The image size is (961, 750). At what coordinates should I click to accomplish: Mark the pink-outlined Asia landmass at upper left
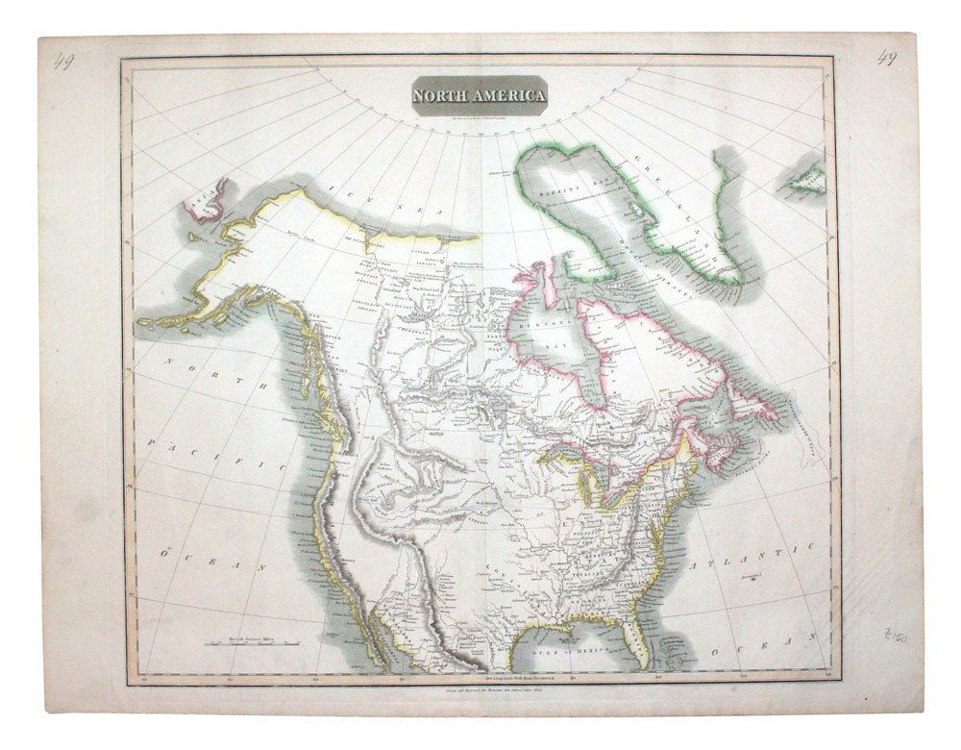click(x=209, y=198)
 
